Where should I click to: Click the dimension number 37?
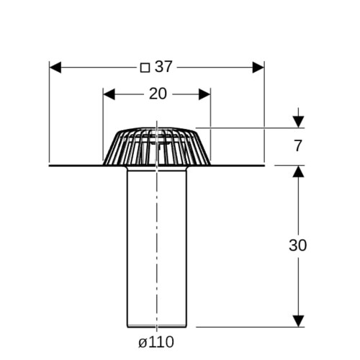[x=163, y=67]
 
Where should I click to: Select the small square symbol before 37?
[x=145, y=68]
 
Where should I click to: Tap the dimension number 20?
[x=158, y=94]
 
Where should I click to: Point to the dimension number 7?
[x=298, y=145]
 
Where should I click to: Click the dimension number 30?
[x=297, y=246]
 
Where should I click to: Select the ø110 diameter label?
[x=156, y=342]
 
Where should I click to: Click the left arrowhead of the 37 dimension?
[x=55, y=68]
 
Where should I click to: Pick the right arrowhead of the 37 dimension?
[x=258, y=68]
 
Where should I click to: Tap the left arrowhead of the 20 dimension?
[x=109, y=94]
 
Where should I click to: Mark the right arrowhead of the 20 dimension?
[x=204, y=94]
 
